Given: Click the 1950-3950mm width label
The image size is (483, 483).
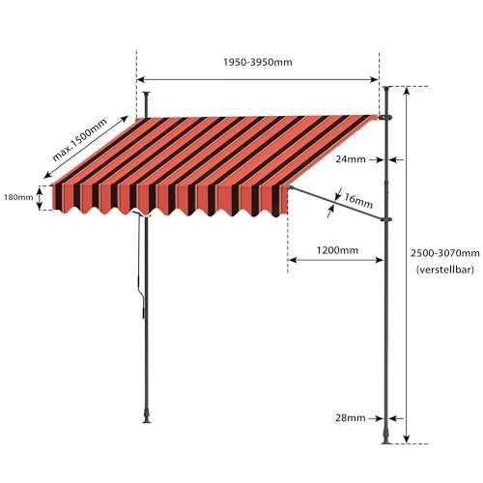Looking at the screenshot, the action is [258, 62].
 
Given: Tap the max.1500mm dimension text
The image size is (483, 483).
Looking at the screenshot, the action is [79, 140].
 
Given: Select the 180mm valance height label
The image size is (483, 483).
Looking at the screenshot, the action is [18, 197].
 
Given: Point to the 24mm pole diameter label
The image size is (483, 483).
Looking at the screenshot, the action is [351, 159].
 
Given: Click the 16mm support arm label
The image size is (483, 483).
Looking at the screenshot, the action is [358, 200].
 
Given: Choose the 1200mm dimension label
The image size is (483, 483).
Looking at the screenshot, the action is [337, 250].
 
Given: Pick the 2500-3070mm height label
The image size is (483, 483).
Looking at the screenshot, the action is [445, 253].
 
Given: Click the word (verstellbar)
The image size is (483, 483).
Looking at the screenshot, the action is [445, 270].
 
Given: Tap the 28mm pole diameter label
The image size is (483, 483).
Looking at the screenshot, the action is [351, 418].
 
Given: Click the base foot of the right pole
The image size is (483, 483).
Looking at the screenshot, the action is [386, 438].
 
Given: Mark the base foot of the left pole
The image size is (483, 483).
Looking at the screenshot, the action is [147, 416].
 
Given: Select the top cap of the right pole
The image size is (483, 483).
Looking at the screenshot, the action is [386, 88].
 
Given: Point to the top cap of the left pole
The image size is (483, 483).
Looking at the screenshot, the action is [147, 94].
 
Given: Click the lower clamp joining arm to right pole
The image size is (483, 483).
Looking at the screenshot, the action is [386, 220].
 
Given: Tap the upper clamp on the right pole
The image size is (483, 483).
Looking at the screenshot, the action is [385, 118].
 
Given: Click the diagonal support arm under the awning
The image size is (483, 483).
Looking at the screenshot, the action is [336, 204].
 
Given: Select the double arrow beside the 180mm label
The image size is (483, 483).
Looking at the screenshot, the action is [39, 198].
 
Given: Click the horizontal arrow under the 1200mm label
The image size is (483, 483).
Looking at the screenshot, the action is [335, 260].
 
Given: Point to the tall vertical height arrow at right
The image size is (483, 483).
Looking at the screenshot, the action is [407, 265].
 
